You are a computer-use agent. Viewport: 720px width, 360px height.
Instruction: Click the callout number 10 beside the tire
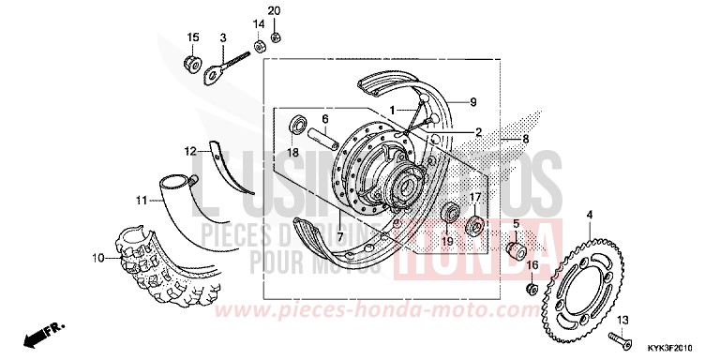point(97,257)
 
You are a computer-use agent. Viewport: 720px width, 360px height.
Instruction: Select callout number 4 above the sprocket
point(589,216)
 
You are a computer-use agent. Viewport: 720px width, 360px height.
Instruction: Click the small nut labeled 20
point(276,37)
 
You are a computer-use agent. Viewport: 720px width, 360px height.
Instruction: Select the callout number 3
point(223,37)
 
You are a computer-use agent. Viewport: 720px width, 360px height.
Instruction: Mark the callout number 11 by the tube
point(141,200)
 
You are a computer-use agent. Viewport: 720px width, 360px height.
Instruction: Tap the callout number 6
point(325,119)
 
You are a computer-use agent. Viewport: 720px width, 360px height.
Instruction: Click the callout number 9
point(473,101)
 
